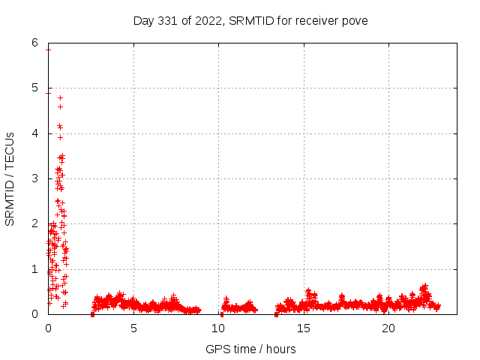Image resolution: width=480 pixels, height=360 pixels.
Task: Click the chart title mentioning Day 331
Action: (250, 19)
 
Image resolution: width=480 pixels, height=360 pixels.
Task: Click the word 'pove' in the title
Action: (355, 19)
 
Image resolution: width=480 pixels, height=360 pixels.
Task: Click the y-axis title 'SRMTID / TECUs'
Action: (10, 178)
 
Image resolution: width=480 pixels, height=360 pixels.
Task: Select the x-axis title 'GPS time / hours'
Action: (250, 349)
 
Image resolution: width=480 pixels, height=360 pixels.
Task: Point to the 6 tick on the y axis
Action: (35, 43)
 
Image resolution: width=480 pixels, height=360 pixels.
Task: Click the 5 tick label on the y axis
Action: (35, 88)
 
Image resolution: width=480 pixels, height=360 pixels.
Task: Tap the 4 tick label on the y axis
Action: (35, 133)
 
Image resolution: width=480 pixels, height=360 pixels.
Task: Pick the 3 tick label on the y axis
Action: (35, 178)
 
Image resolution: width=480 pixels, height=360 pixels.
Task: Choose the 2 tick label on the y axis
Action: (35, 223)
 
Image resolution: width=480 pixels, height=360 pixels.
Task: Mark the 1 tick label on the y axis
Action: (35, 268)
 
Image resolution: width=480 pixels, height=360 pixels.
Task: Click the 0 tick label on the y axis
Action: (35, 314)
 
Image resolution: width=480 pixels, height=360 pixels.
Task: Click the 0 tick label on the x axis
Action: (48, 328)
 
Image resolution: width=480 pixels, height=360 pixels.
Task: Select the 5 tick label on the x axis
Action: (133, 328)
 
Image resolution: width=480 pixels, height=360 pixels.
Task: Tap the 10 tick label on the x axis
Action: (218, 328)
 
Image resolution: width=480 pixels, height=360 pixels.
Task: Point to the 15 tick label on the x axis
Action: (304, 328)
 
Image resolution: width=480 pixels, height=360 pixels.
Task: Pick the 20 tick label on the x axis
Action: (388, 328)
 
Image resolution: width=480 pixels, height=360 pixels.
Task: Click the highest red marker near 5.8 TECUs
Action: (48, 49)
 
